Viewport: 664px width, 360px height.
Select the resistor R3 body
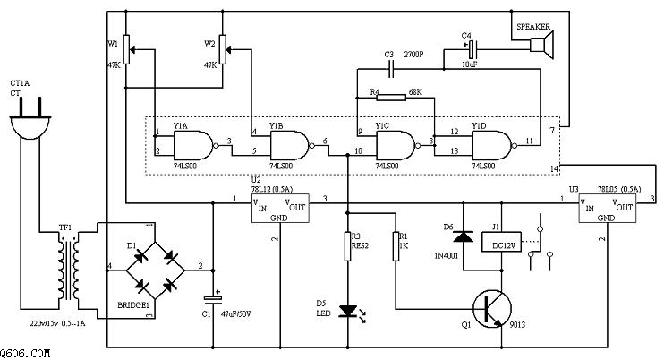pyautogui.click(x=347, y=246)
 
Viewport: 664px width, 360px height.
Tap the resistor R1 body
pyautogui.click(x=395, y=246)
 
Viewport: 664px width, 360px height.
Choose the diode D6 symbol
pyautogui.click(x=462, y=237)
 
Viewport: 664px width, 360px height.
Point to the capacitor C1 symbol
pyautogui.click(x=213, y=296)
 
